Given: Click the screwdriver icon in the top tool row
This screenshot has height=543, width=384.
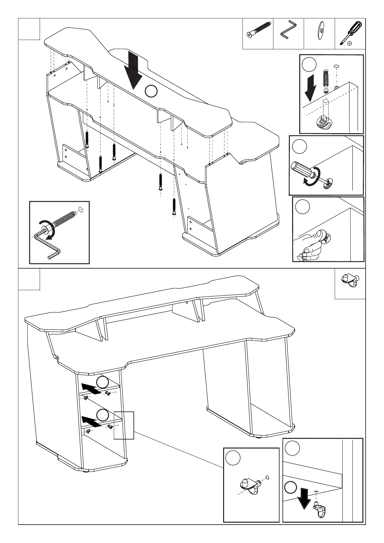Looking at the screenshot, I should coord(350,33).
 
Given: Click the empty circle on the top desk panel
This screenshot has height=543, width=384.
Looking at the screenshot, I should coord(151,91).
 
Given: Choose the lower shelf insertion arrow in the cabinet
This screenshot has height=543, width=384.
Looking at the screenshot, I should coord(91,421).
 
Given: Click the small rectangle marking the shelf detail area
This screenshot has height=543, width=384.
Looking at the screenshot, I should coord(124,425).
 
